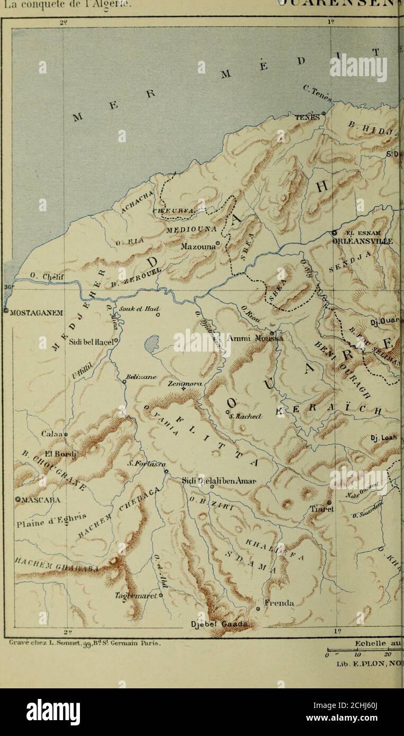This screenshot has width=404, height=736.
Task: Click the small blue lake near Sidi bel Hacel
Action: point(153,345)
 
